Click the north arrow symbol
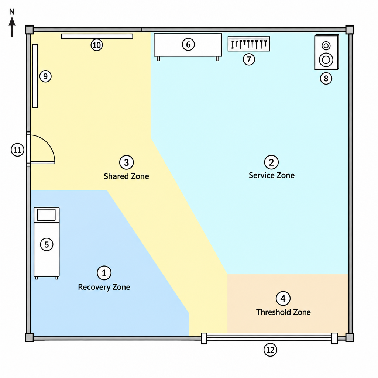point(12,27)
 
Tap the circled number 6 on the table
point(188,45)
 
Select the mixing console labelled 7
point(249,44)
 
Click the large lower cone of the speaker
point(326,60)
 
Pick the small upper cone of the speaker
point(326,45)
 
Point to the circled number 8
point(326,78)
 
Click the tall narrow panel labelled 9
point(35,76)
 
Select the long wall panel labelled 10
point(97,36)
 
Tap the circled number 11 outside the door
point(18,150)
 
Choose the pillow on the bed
point(46,215)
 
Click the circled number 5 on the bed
point(47,244)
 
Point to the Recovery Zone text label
point(104,287)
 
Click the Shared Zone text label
point(126,176)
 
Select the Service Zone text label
point(272,175)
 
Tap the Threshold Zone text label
point(283,312)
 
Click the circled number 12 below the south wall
point(270,350)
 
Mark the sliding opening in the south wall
point(269,338)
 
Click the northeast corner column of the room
point(350,30)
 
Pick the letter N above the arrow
point(12,12)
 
